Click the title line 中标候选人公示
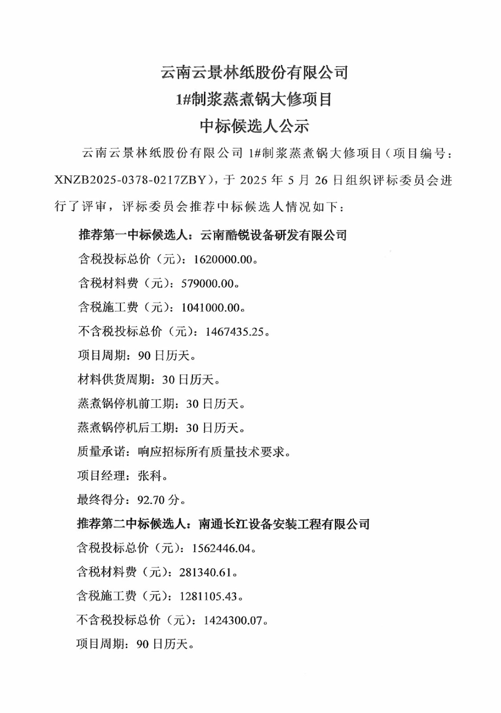click(254, 126)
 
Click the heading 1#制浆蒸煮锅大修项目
click(254, 99)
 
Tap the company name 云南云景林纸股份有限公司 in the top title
click(254, 72)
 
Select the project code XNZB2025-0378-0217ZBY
click(131, 180)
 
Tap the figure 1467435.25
click(234, 332)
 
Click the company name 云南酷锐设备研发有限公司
click(273, 235)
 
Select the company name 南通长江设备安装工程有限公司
click(284, 524)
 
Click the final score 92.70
click(151, 500)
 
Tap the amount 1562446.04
click(221, 548)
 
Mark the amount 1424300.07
click(233, 620)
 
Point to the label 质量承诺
click(101, 452)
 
